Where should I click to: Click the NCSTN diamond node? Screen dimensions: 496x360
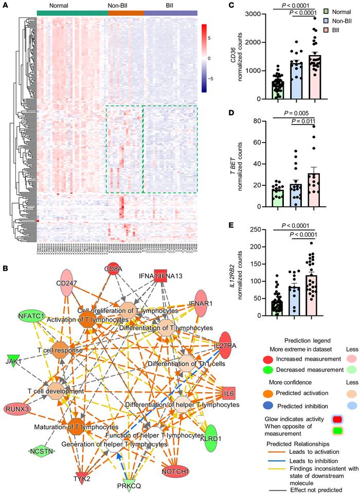(x=41, y=451)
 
